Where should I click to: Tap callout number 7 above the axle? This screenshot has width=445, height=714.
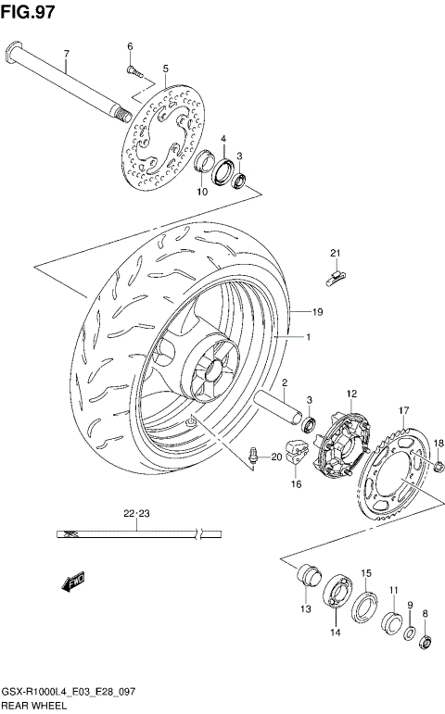(x=66, y=54)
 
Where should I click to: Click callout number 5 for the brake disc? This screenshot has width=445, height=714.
(x=165, y=68)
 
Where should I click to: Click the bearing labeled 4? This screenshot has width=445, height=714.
(x=223, y=169)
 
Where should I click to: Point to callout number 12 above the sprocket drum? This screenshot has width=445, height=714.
(x=352, y=394)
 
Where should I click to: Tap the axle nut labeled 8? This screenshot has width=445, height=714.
(x=426, y=639)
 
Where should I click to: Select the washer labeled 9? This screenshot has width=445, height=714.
(x=410, y=633)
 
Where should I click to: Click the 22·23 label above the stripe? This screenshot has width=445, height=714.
(x=136, y=512)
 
